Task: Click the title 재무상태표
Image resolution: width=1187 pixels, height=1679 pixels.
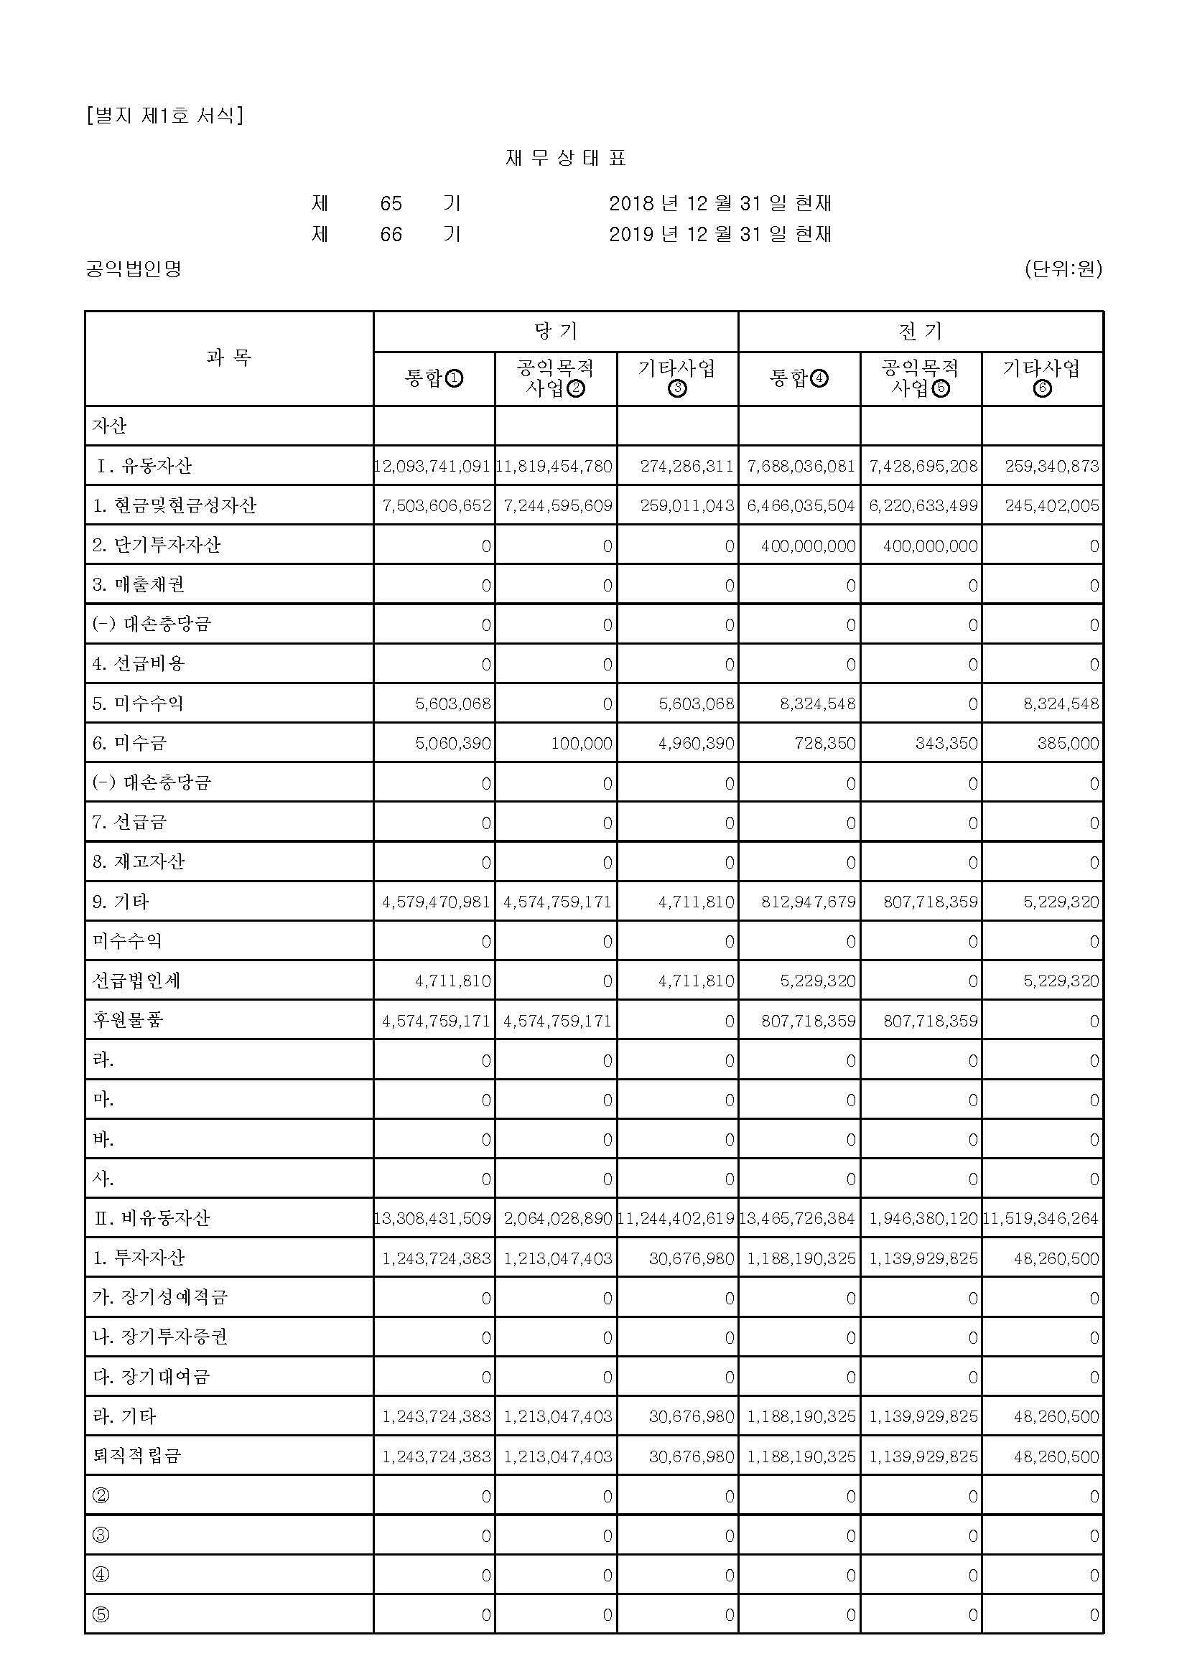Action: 565,158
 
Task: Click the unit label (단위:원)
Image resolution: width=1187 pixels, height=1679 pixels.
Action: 1063,268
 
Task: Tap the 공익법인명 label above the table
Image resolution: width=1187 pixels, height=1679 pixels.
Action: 133,269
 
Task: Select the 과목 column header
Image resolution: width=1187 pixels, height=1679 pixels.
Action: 229,357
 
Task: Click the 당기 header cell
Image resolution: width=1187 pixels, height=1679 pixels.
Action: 556,331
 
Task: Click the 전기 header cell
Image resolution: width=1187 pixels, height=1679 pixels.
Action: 920,331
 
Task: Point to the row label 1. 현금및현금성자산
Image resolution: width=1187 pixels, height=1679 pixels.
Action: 174,505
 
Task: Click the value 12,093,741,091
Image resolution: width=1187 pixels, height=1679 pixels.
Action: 432,466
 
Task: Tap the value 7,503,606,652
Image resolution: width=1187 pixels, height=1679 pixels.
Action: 436,505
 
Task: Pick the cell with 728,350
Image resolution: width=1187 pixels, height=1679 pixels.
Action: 825,743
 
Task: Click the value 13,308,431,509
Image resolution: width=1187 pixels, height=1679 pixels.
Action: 432,1218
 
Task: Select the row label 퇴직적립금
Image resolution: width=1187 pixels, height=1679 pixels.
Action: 136,1456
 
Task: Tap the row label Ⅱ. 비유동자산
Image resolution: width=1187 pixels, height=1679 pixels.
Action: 152,1218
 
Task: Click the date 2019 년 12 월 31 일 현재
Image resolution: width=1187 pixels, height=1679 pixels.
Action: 720,234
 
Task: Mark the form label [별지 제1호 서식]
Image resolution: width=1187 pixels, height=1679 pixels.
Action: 164,115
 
